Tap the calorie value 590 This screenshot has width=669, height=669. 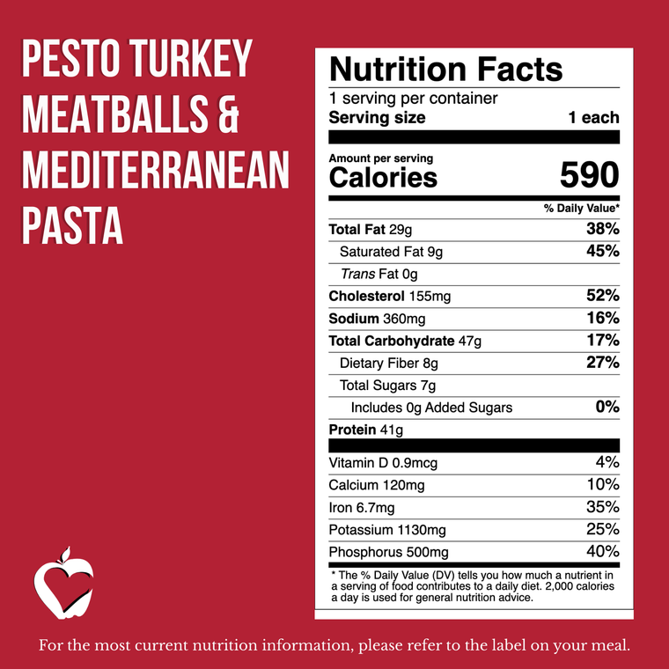(589, 176)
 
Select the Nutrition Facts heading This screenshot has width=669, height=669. (445, 69)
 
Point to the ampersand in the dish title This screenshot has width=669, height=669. (226, 119)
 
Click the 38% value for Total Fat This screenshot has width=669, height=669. (603, 230)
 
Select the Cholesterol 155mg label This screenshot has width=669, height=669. (388, 297)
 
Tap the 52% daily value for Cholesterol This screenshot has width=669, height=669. (603, 297)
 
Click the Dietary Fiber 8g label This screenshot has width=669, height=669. (388, 363)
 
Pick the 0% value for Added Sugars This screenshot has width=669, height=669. (607, 408)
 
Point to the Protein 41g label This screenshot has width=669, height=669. (365, 430)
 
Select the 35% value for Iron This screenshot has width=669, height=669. (603, 507)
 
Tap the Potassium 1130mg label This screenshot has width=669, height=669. (387, 530)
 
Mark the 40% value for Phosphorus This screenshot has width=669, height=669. (603, 552)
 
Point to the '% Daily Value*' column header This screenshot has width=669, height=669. (581, 208)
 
